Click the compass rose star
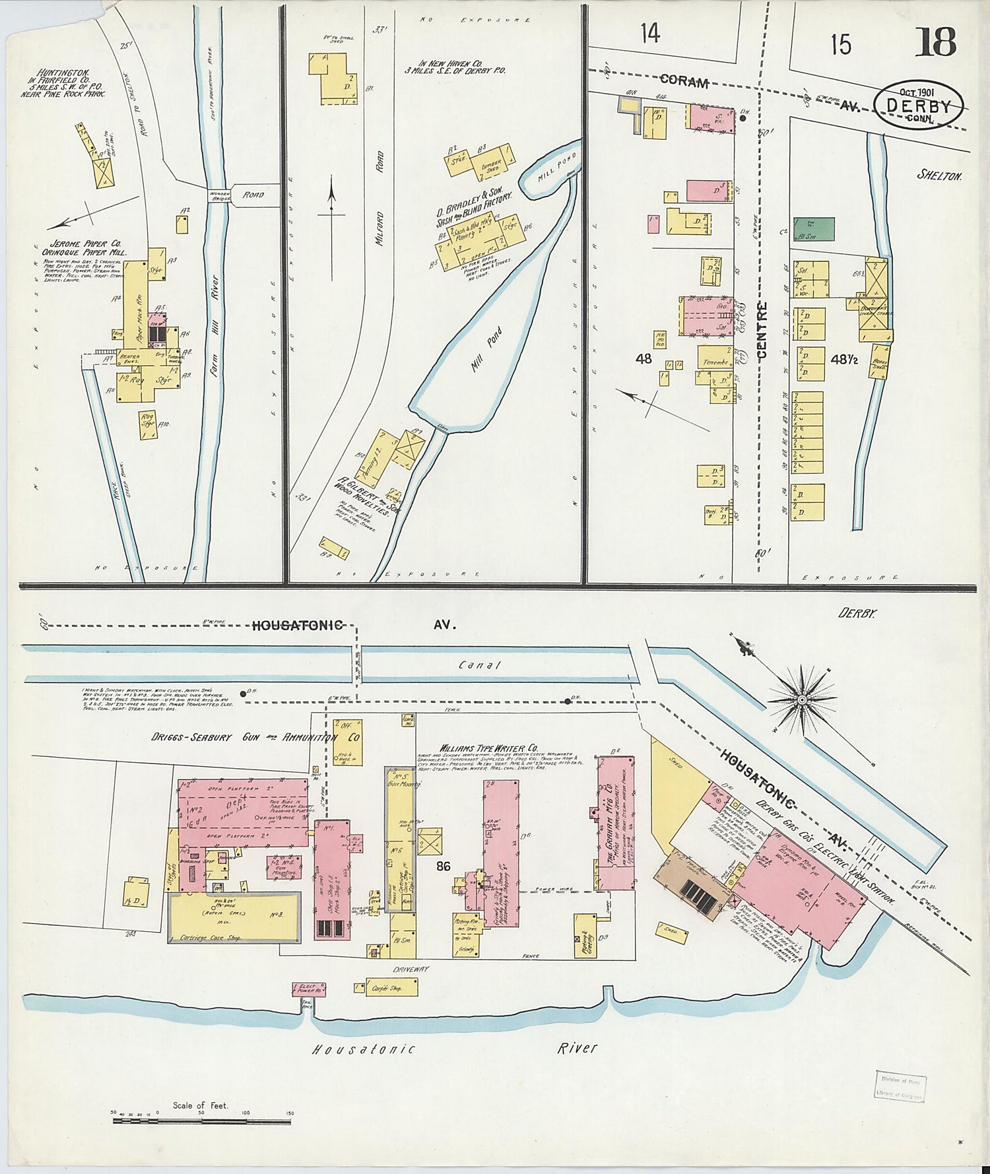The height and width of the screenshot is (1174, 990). (801, 698)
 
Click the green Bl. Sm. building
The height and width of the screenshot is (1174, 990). (814, 229)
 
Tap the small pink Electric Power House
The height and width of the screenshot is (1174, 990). (309, 989)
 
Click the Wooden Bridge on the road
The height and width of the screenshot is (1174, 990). (218, 195)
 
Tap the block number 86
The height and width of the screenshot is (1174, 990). (443, 866)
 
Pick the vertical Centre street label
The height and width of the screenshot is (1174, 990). (762, 330)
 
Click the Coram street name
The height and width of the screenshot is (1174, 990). (684, 82)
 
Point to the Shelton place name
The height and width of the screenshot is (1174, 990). (939, 176)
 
